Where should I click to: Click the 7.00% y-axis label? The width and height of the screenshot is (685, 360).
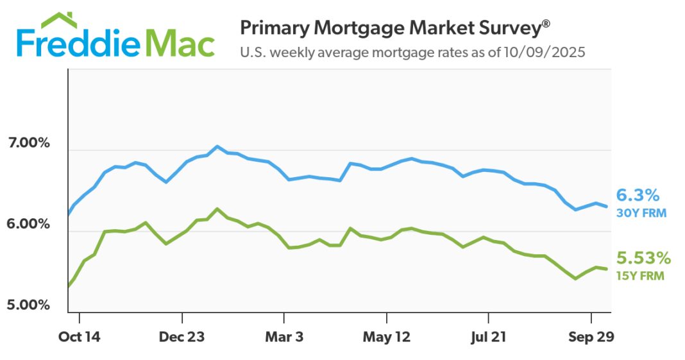[x=28, y=142]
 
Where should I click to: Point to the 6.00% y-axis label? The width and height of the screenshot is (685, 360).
[x=28, y=224]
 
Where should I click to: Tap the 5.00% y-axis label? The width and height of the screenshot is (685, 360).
[x=28, y=304]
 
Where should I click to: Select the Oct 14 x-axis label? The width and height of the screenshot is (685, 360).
[x=80, y=337]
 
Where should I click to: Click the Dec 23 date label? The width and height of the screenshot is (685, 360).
[x=183, y=337]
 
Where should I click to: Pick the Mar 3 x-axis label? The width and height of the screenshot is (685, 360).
[x=283, y=337]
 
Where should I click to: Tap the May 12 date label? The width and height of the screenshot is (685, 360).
[x=387, y=337]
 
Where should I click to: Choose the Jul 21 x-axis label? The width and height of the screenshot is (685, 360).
[x=489, y=337]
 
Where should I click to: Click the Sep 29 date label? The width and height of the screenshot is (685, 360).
[x=591, y=337]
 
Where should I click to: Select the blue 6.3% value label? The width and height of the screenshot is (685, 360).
[x=638, y=195]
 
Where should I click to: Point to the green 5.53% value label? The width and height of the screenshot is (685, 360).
[x=643, y=258]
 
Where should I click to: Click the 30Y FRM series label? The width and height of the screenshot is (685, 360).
[x=641, y=213]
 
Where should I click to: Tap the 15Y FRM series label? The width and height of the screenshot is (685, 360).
[x=640, y=276]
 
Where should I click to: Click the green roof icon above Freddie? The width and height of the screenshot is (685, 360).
[x=60, y=21]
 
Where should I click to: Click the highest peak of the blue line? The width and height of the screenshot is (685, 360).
[x=217, y=146]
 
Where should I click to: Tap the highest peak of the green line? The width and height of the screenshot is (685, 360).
[x=217, y=209]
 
